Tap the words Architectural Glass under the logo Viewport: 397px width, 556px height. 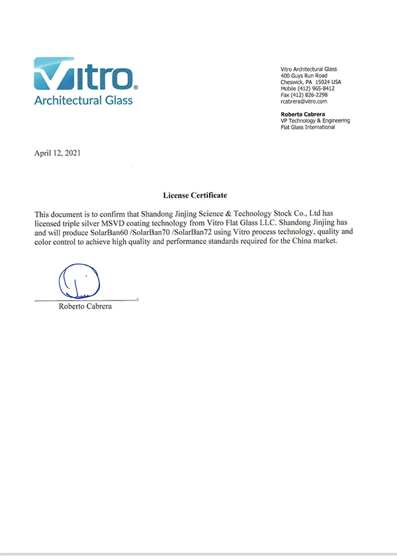click(83, 101)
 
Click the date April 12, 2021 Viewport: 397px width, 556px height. click(58, 153)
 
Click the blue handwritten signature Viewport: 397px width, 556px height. click(79, 281)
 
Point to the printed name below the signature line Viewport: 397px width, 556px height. click(85, 306)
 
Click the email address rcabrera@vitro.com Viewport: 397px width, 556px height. click(304, 101)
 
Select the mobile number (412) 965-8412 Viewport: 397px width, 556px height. click(308, 88)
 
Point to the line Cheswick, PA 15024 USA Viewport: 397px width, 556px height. click(310, 82)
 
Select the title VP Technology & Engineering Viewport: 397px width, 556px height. click(315, 120)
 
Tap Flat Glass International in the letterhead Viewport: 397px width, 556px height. click(308, 127)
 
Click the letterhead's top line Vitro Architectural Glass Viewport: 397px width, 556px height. click(309, 69)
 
